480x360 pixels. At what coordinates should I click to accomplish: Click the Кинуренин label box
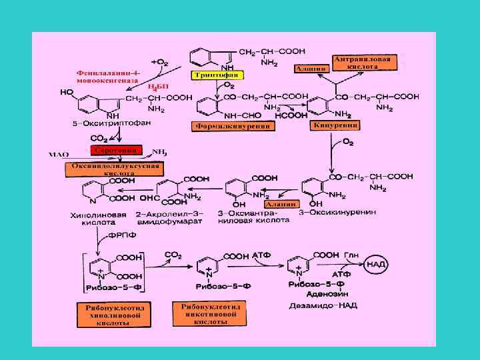[335, 125]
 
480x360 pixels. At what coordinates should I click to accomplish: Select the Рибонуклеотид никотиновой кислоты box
[210, 313]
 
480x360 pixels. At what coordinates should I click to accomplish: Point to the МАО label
[59, 155]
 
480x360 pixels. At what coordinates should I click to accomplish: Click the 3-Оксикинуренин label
[338, 212]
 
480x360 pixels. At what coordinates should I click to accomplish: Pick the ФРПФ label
[121, 235]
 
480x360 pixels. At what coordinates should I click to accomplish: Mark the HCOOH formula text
[291, 115]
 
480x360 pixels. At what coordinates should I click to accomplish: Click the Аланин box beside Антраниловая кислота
[311, 69]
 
